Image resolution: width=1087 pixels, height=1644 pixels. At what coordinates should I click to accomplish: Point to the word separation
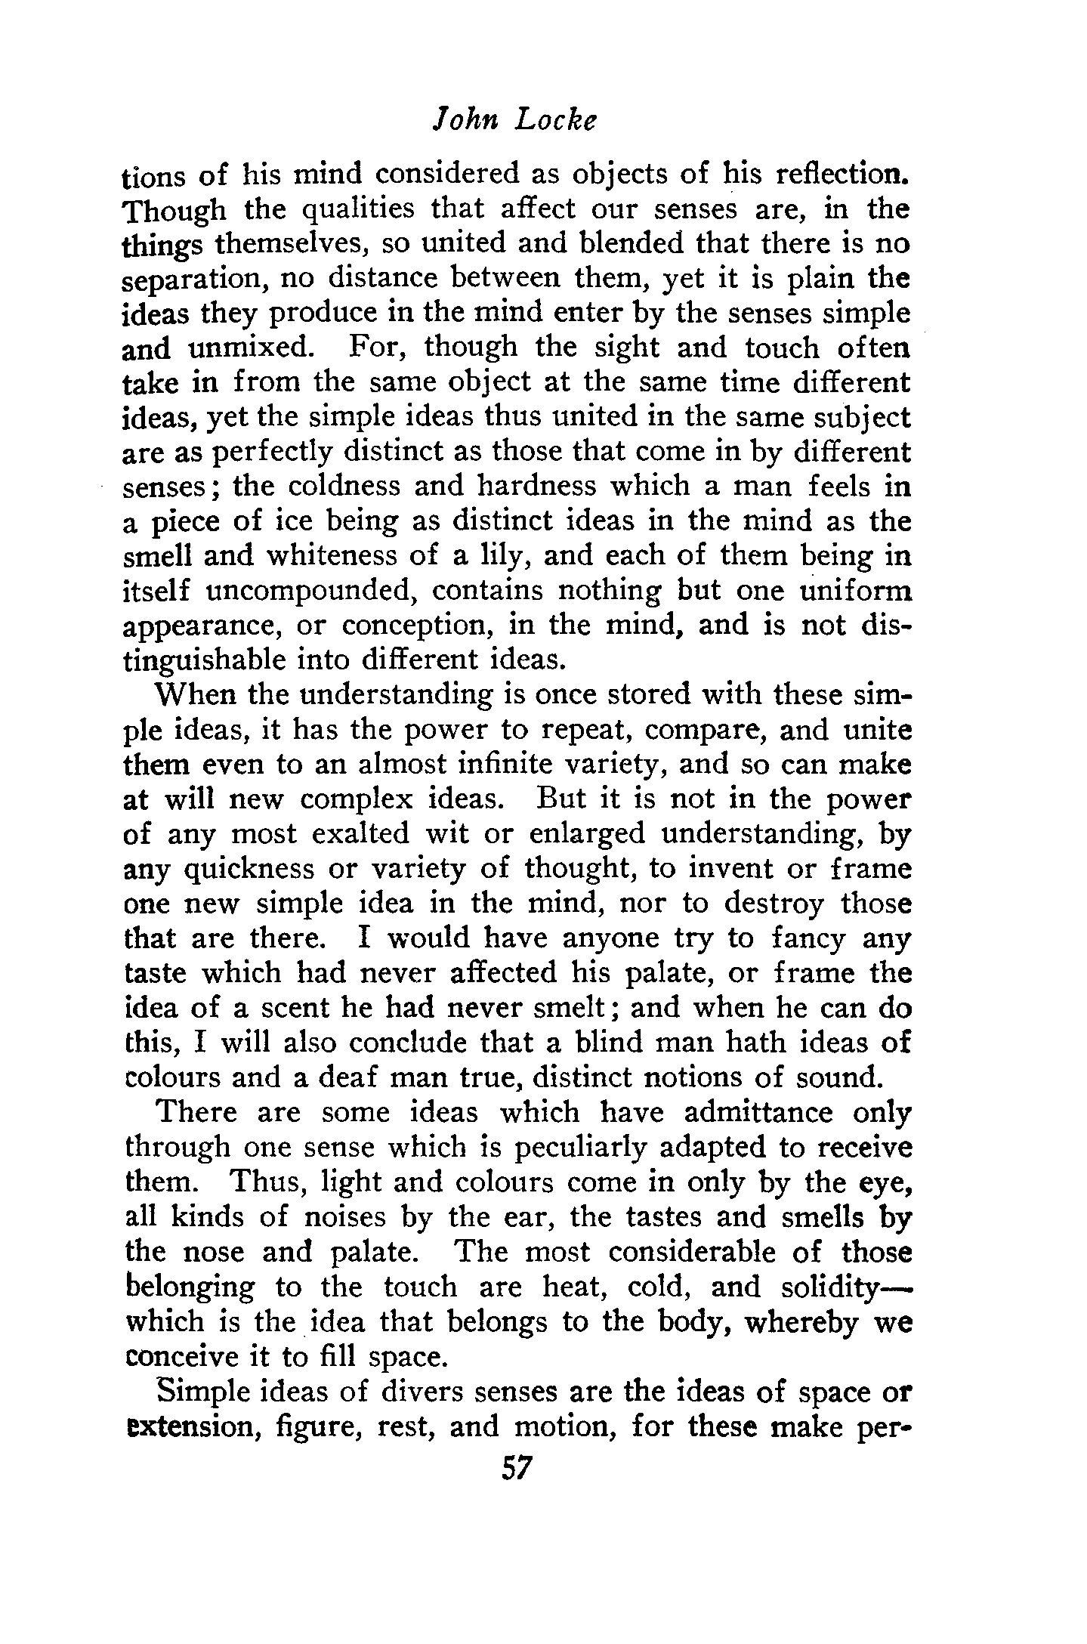193,280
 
